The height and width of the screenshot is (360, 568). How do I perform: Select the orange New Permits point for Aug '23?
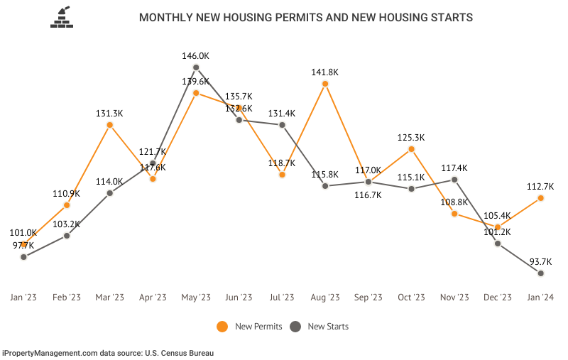325,84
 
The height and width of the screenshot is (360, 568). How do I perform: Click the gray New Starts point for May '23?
196,68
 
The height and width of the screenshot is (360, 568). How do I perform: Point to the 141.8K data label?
325,71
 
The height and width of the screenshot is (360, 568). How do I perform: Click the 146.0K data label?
196,55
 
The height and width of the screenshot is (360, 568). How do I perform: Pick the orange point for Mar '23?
110,125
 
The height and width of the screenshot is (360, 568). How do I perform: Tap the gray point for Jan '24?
541,273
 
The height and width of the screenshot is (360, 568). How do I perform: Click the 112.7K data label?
541,186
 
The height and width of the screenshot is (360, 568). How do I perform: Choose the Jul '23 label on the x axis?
282,298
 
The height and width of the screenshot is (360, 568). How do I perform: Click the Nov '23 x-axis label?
454,298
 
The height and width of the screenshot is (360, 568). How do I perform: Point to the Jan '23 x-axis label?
23,298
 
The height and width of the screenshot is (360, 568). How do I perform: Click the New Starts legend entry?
319,327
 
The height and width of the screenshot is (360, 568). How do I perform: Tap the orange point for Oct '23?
412,149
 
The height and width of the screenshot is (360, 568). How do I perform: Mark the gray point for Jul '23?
282,125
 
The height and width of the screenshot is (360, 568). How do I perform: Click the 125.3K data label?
412,136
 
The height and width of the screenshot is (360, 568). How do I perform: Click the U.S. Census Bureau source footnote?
108,352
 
